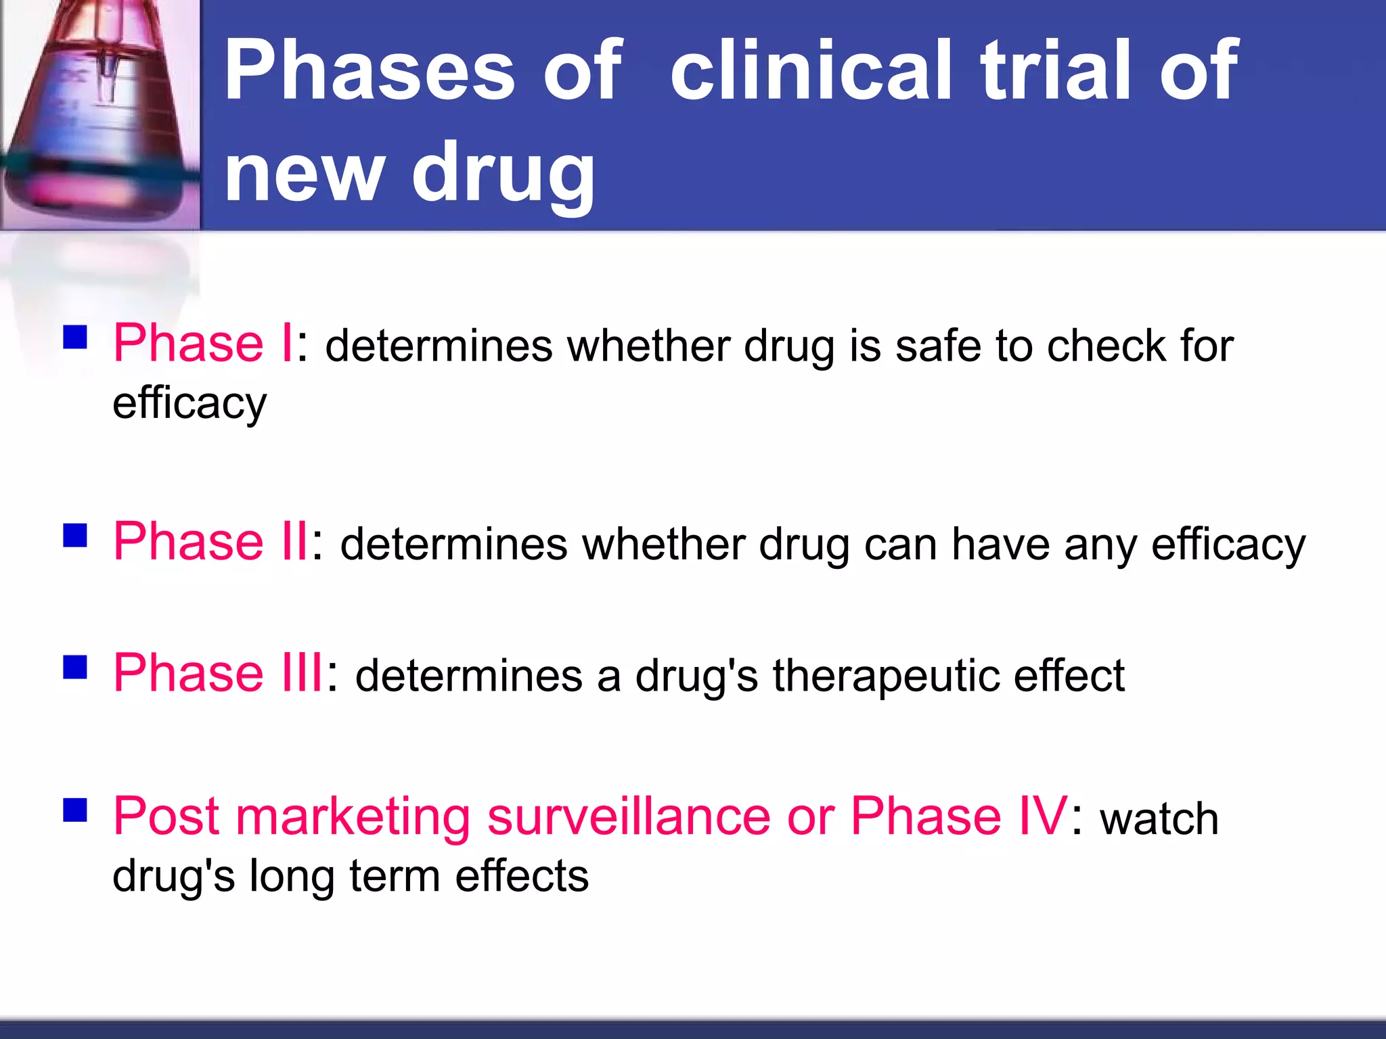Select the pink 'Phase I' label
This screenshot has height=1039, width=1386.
tap(202, 343)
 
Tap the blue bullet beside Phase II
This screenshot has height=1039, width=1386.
tap(75, 535)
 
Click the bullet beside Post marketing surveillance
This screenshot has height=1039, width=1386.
tap(75, 810)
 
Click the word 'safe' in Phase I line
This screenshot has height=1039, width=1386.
tap(937, 346)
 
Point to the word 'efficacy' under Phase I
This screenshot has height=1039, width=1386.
tap(189, 405)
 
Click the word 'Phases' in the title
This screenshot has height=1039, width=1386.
tap(370, 70)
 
